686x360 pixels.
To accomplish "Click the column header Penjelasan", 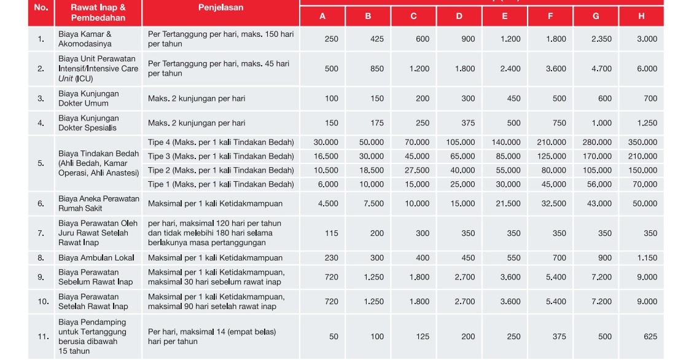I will tap(220, 8).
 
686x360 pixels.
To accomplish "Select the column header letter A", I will tap(322, 17).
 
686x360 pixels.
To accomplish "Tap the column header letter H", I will tap(641, 17).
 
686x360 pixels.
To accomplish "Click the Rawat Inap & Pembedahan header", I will tap(98, 12).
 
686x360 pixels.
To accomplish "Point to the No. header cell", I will tap(41, 8).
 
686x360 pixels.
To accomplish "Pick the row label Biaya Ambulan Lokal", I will tap(96, 258).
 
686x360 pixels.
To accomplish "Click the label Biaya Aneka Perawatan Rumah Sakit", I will tap(98, 203).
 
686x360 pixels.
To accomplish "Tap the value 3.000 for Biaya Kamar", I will tap(647, 39).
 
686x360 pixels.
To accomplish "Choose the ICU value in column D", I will tap(464, 69).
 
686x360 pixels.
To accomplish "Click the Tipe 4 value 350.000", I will tap(642, 142).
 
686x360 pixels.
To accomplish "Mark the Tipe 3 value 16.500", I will tap(326, 157).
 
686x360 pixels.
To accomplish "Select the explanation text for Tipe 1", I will tap(221, 184).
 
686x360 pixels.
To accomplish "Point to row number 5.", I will tap(41, 163).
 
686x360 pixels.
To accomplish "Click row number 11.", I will tap(42, 337).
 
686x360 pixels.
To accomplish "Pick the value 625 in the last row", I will tap(650, 337).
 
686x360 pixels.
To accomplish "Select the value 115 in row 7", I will tap(331, 233).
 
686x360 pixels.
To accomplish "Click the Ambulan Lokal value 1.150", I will tap(647, 258).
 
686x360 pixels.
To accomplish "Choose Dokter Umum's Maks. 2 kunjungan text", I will tap(197, 98).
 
